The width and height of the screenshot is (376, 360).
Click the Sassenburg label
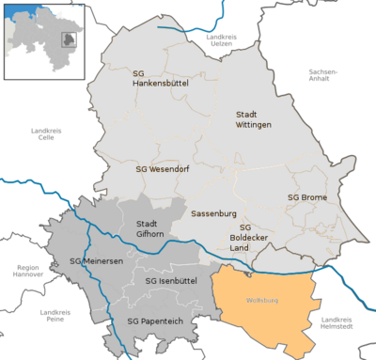[x=212, y=213]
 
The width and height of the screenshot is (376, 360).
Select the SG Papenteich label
[x=153, y=321]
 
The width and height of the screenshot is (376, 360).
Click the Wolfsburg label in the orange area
[x=262, y=301]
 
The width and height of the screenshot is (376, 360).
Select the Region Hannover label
[x=28, y=272]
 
